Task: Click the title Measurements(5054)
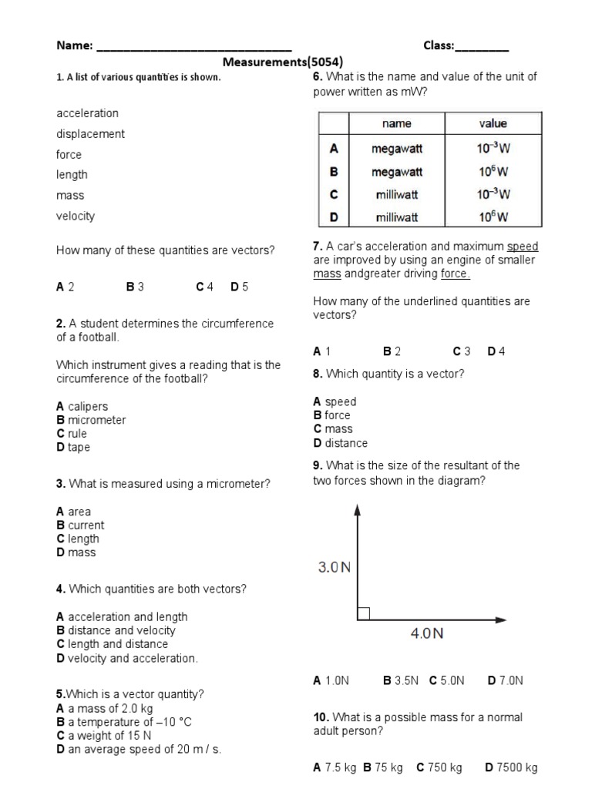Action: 283,62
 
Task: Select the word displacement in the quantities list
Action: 90,134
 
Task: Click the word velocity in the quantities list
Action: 76,217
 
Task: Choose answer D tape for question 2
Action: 73,448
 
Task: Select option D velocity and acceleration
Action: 127,658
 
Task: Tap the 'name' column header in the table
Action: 396,123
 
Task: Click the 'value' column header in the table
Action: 493,123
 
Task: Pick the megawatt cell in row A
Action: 396,149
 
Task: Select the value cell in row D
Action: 493,217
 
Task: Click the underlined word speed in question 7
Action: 523,247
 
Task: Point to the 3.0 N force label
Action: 335,568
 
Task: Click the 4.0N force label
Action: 426,633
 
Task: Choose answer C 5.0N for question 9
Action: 447,680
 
